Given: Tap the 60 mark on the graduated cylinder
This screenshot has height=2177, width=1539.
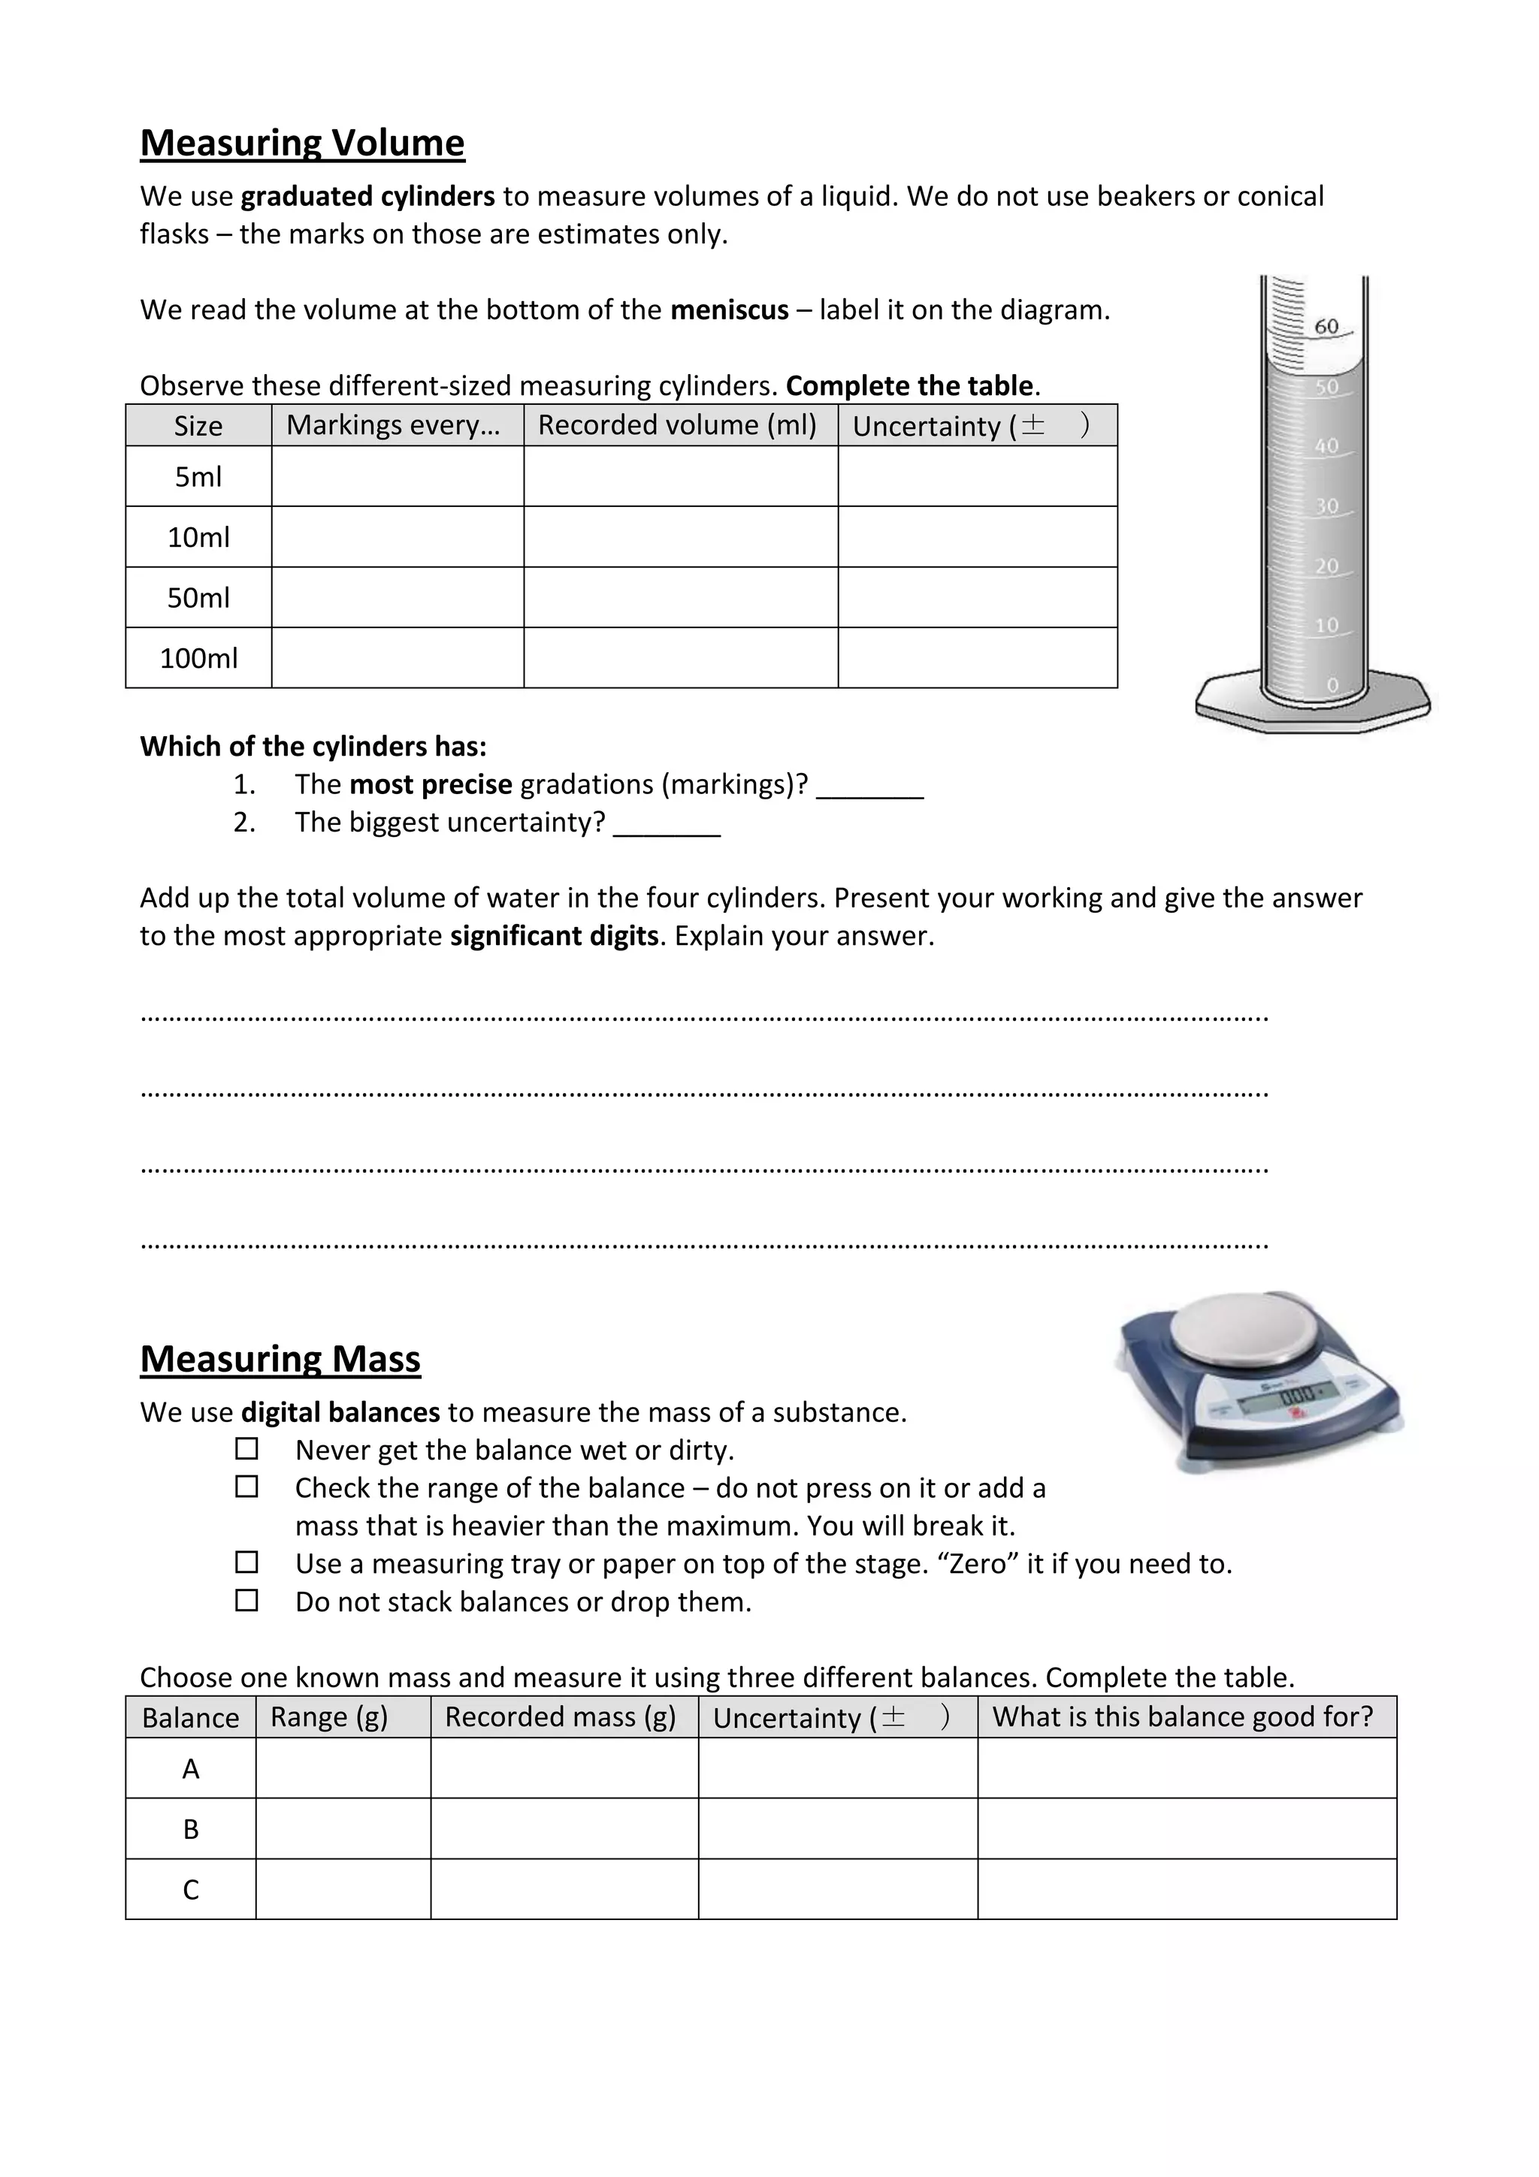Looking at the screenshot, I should point(1326,327).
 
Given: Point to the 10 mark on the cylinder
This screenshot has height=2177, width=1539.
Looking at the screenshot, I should point(1326,626).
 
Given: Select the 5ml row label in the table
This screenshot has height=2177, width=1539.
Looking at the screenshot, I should point(198,477).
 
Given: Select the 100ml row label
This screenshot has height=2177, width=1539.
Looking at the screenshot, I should point(198,658).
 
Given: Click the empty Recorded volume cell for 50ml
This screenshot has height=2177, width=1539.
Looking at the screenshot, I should point(680,597).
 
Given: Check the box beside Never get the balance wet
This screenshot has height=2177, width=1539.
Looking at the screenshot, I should point(246,1449).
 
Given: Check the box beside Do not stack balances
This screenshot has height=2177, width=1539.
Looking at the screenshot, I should point(246,1601).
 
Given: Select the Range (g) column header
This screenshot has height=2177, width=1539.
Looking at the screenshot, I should point(329,1717).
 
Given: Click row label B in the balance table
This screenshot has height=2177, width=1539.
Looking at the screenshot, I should point(191,1829).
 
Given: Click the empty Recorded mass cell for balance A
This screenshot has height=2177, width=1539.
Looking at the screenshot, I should point(564,1768).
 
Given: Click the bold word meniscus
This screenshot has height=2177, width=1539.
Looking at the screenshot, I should point(728,310).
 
